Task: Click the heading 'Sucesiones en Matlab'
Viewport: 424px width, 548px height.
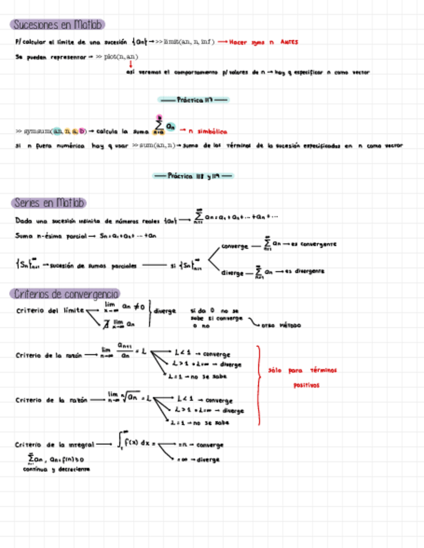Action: click(x=57, y=25)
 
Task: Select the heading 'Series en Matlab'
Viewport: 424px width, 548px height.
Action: click(x=49, y=203)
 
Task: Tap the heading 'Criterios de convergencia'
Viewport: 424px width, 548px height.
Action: click(x=65, y=294)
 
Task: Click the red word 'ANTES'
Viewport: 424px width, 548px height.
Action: click(x=288, y=42)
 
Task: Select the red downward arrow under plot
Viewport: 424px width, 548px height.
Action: click(x=130, y=65)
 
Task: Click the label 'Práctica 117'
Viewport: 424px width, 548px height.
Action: click(x=193, y=100)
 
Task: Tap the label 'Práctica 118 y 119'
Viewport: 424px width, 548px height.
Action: click(x=193, y=175)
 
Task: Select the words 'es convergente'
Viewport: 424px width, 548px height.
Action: click(x=314, y=244)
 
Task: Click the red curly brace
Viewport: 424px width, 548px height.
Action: click(x=259, y=385)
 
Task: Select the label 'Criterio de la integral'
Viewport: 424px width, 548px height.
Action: click(x=54, y=445)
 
